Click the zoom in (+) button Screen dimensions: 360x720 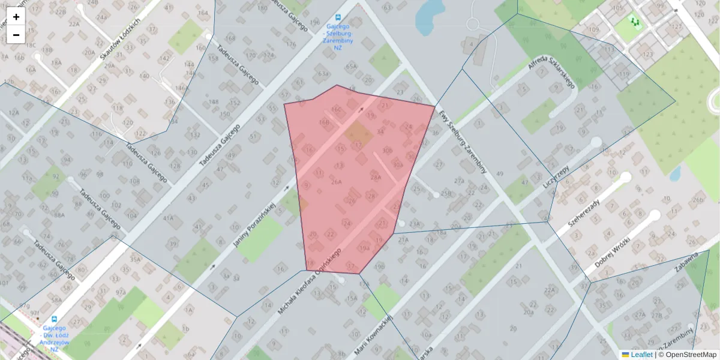(x=16, y=17)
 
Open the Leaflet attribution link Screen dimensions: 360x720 (x=641, y=355)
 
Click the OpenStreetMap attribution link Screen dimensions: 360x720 (x=691, y=355)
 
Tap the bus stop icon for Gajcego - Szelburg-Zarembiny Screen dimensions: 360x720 (x=340, y=17)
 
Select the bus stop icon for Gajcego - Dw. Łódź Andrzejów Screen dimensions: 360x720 (x=55, y=320)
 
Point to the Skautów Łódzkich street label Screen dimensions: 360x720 (x=120, y=37)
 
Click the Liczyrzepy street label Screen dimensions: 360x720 (x=555, y=179)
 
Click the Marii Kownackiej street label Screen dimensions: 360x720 (x=373, y=335)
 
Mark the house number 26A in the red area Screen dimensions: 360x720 (x=337, y=181)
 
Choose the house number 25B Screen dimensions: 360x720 (x=446, y=194)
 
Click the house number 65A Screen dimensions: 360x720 (x=351, y=67)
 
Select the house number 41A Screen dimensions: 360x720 (x=169, y=218)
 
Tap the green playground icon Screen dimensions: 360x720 (x=635, y=22)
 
